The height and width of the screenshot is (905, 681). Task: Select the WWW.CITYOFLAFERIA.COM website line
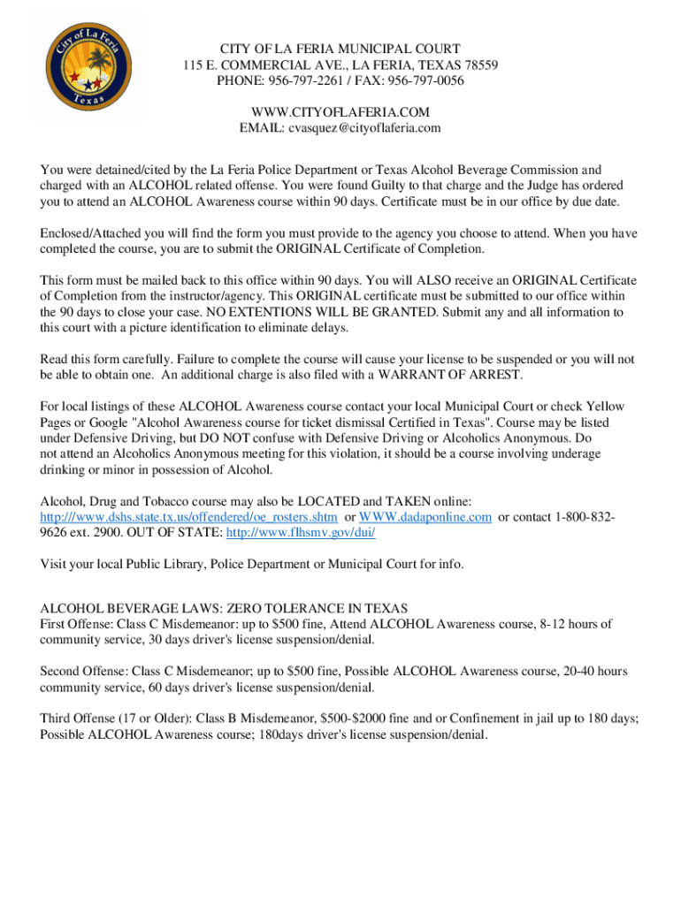340,112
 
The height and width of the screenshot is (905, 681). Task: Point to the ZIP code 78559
475,65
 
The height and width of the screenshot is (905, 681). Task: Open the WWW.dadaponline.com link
425,517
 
